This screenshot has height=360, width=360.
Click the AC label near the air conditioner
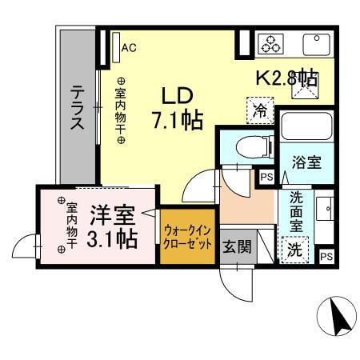(x=129, y=47)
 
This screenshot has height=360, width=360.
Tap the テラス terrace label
(x=78, y=107)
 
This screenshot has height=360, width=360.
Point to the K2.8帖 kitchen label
(x=286, y=79)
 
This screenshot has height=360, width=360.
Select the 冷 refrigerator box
(x=259, y=109)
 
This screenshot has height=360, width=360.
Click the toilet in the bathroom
(x=240, y=147)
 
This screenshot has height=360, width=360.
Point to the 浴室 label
(x=306, y=162)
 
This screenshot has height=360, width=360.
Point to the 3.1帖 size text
(x=111, y=238)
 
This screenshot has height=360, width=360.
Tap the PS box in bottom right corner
(x=326, y=256)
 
